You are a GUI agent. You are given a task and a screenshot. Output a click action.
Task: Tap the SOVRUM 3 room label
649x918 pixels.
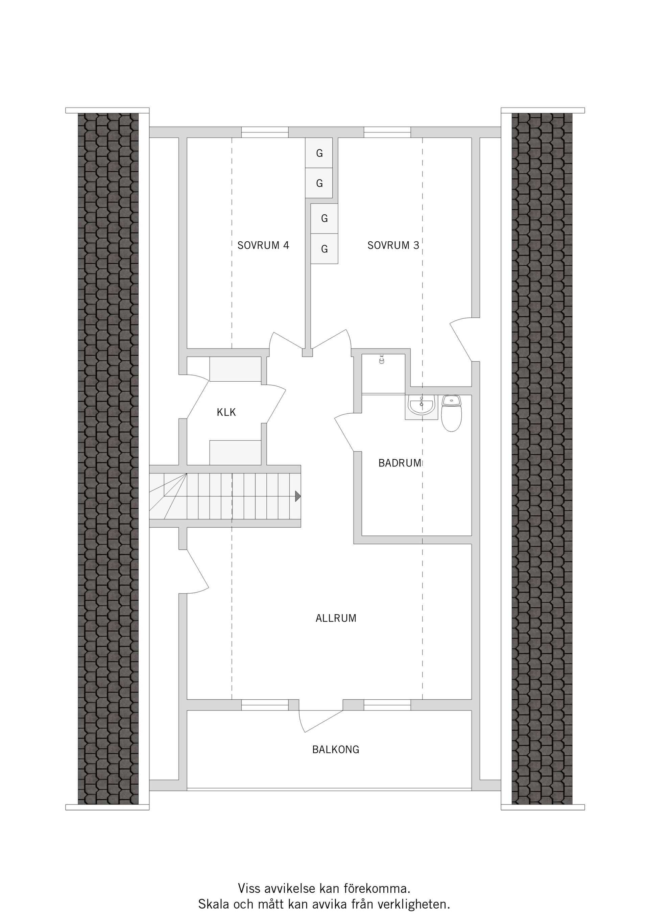393,245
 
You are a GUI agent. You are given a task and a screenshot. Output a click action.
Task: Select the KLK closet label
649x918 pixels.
226,412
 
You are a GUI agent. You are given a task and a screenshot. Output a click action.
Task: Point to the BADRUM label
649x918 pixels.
400,463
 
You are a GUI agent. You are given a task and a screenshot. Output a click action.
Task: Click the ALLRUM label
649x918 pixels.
336,618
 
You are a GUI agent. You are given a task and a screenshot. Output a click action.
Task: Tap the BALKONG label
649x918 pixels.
336,749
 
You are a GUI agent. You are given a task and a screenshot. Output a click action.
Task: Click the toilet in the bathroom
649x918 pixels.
452,413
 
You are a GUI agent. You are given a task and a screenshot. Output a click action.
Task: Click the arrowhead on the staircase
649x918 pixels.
298,496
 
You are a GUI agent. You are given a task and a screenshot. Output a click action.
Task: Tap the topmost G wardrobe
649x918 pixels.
319,153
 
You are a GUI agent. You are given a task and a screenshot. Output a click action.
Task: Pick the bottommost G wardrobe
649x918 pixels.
324,249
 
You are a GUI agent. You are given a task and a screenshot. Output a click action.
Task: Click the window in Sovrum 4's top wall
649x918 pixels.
265,132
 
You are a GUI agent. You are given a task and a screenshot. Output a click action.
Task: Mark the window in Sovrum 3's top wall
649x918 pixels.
387,132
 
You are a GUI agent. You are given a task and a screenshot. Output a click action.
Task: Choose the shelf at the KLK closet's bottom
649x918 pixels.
236,453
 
